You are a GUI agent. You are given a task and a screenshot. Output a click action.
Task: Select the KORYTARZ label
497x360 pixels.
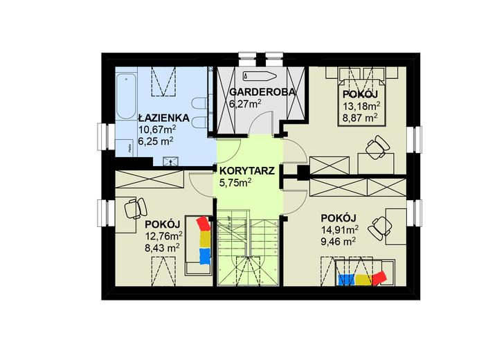point(248,170)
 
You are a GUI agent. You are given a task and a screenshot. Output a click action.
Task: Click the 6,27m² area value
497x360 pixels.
point(244,104)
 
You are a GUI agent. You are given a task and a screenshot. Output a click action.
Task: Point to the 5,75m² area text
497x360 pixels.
point(235,183)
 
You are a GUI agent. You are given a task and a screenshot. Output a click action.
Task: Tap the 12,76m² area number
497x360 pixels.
point(162,235)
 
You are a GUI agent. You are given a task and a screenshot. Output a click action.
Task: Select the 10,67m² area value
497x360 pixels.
point(157,129)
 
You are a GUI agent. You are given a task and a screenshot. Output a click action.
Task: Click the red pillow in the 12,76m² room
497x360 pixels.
point(202,224)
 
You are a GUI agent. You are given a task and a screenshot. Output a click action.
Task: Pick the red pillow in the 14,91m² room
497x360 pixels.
point(379,277)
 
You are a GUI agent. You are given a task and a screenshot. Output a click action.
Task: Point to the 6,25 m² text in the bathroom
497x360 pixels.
point(156,140)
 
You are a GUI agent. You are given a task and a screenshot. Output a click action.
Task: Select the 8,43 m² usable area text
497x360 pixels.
point(161,246)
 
